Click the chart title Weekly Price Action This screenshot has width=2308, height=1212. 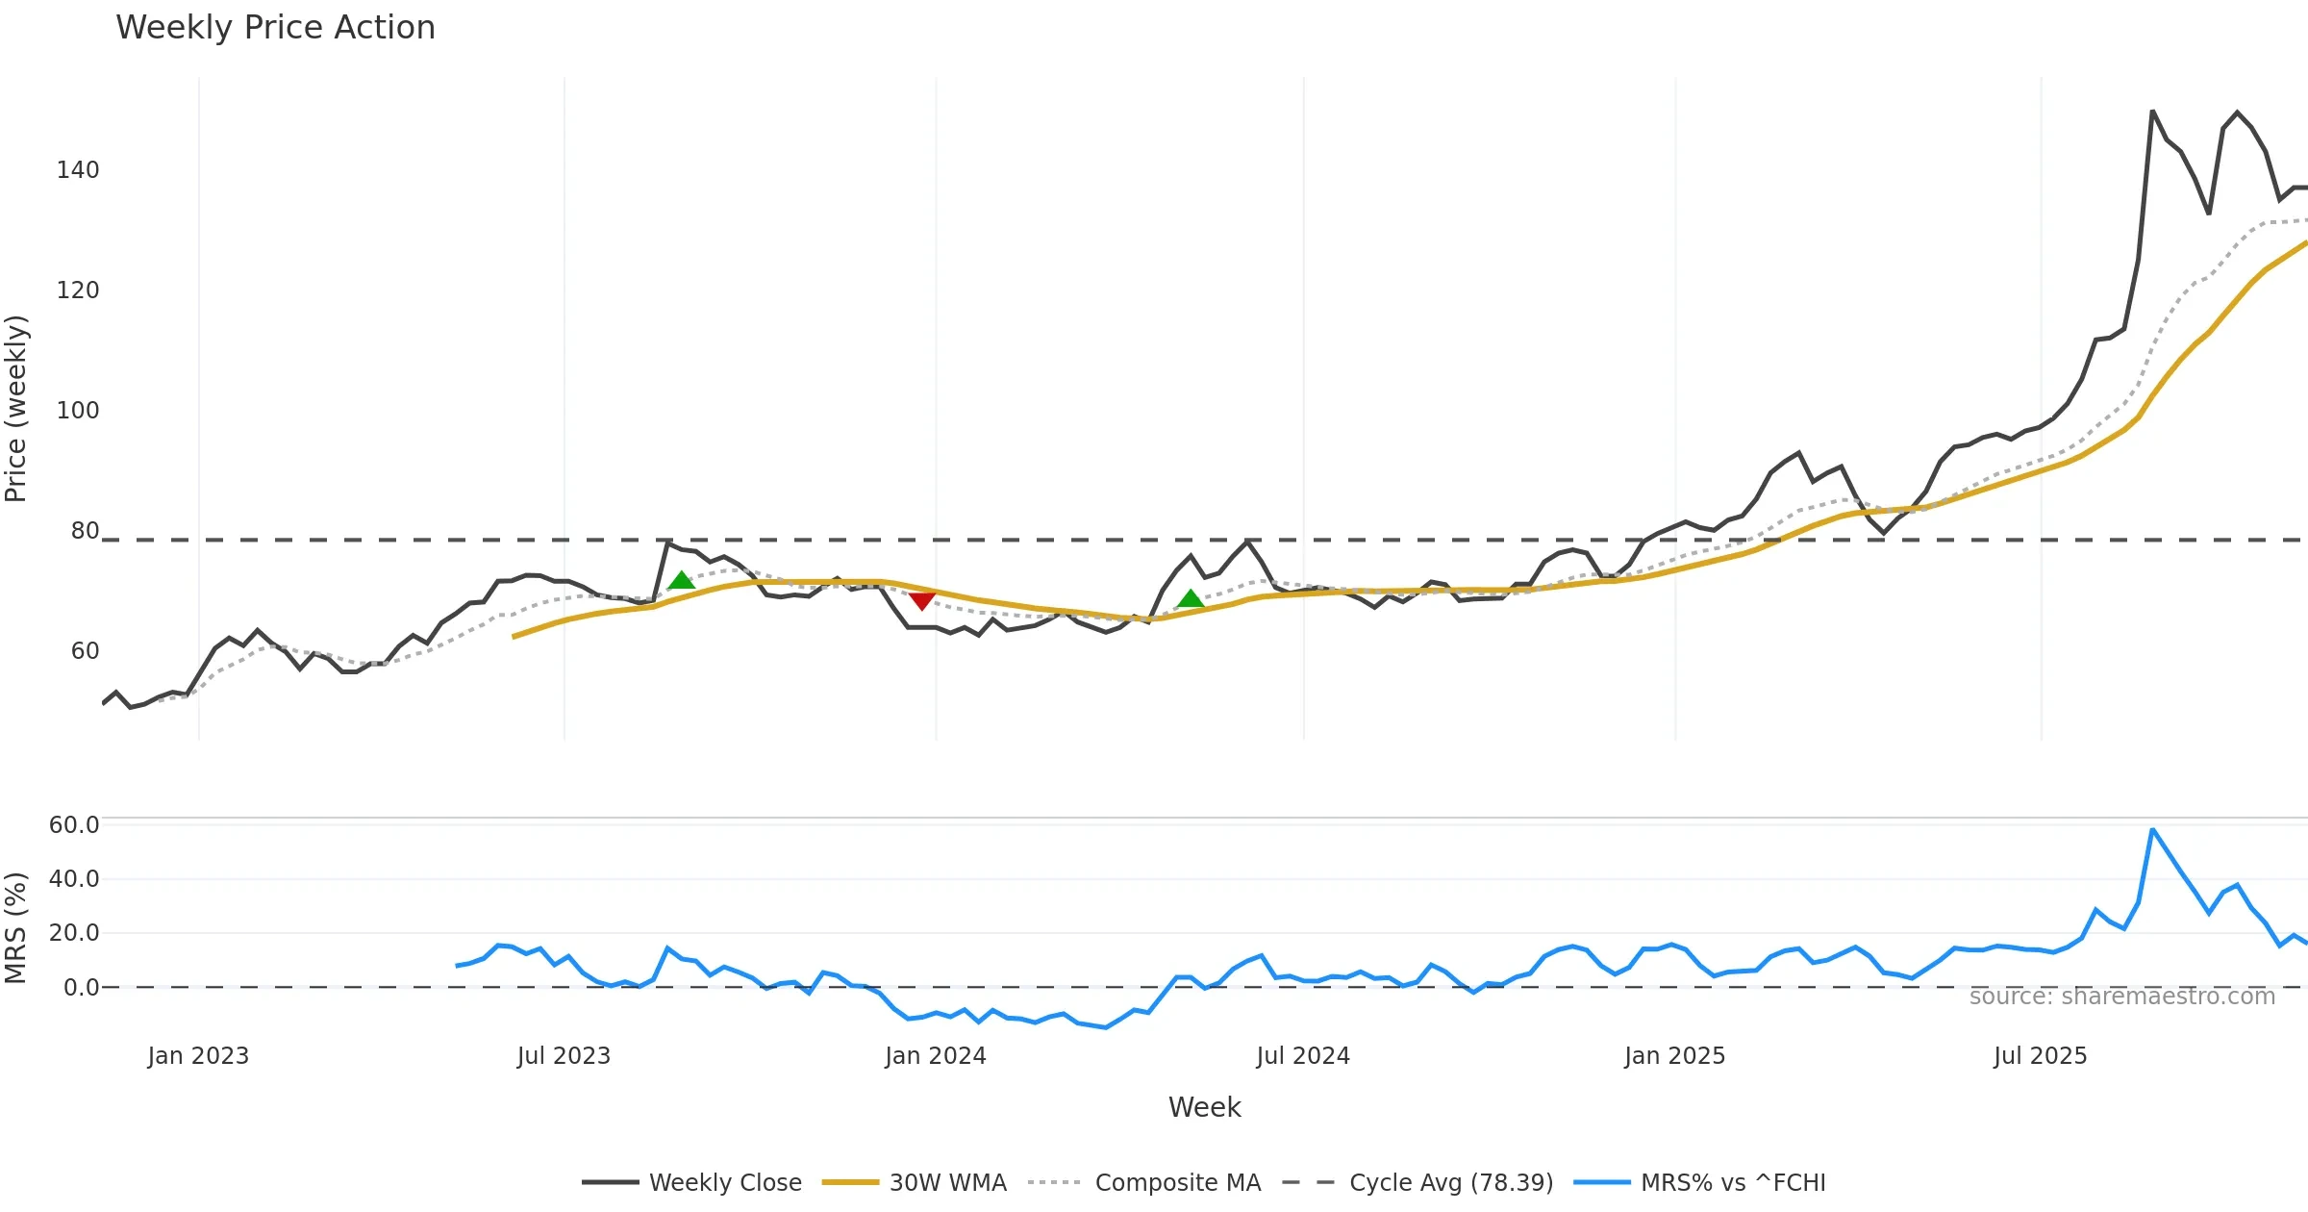(x=275, y=28)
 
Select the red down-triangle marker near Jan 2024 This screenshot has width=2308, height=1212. (x=922, y=601)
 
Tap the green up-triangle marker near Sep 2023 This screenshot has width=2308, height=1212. (x=681, y=580)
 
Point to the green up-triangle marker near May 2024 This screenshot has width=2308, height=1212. (x=1191, y=599)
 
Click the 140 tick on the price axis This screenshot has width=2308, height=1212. (x=78, y=170)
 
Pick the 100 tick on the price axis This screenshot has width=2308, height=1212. (x=78, y=411)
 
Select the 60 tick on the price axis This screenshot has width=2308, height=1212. (x=85, y=651)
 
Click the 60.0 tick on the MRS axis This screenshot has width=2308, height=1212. (x=74, y=825)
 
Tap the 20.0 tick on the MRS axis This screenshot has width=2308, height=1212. (x=74, y=933)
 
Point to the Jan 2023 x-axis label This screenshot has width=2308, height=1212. (x=198, y=1056)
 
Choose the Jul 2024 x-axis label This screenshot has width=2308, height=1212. (x=1303, y=1056)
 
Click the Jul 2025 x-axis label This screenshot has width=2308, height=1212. (x=2041, y=1056)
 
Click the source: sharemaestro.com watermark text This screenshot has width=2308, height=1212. (x=2121, y=997)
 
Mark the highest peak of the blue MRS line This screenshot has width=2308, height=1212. (x=2152, y=829)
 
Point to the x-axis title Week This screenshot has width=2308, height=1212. (x=1204, y=1107)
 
